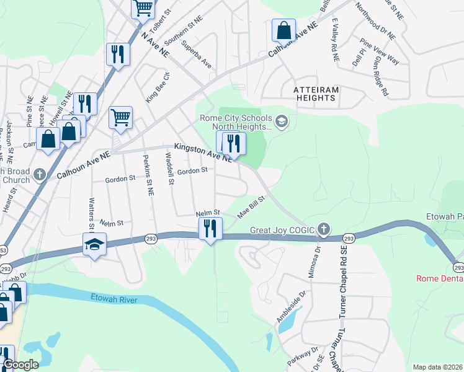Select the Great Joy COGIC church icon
(x=323, y=230)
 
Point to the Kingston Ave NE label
(x=203, y=152)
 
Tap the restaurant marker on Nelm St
(x=211, y=229)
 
